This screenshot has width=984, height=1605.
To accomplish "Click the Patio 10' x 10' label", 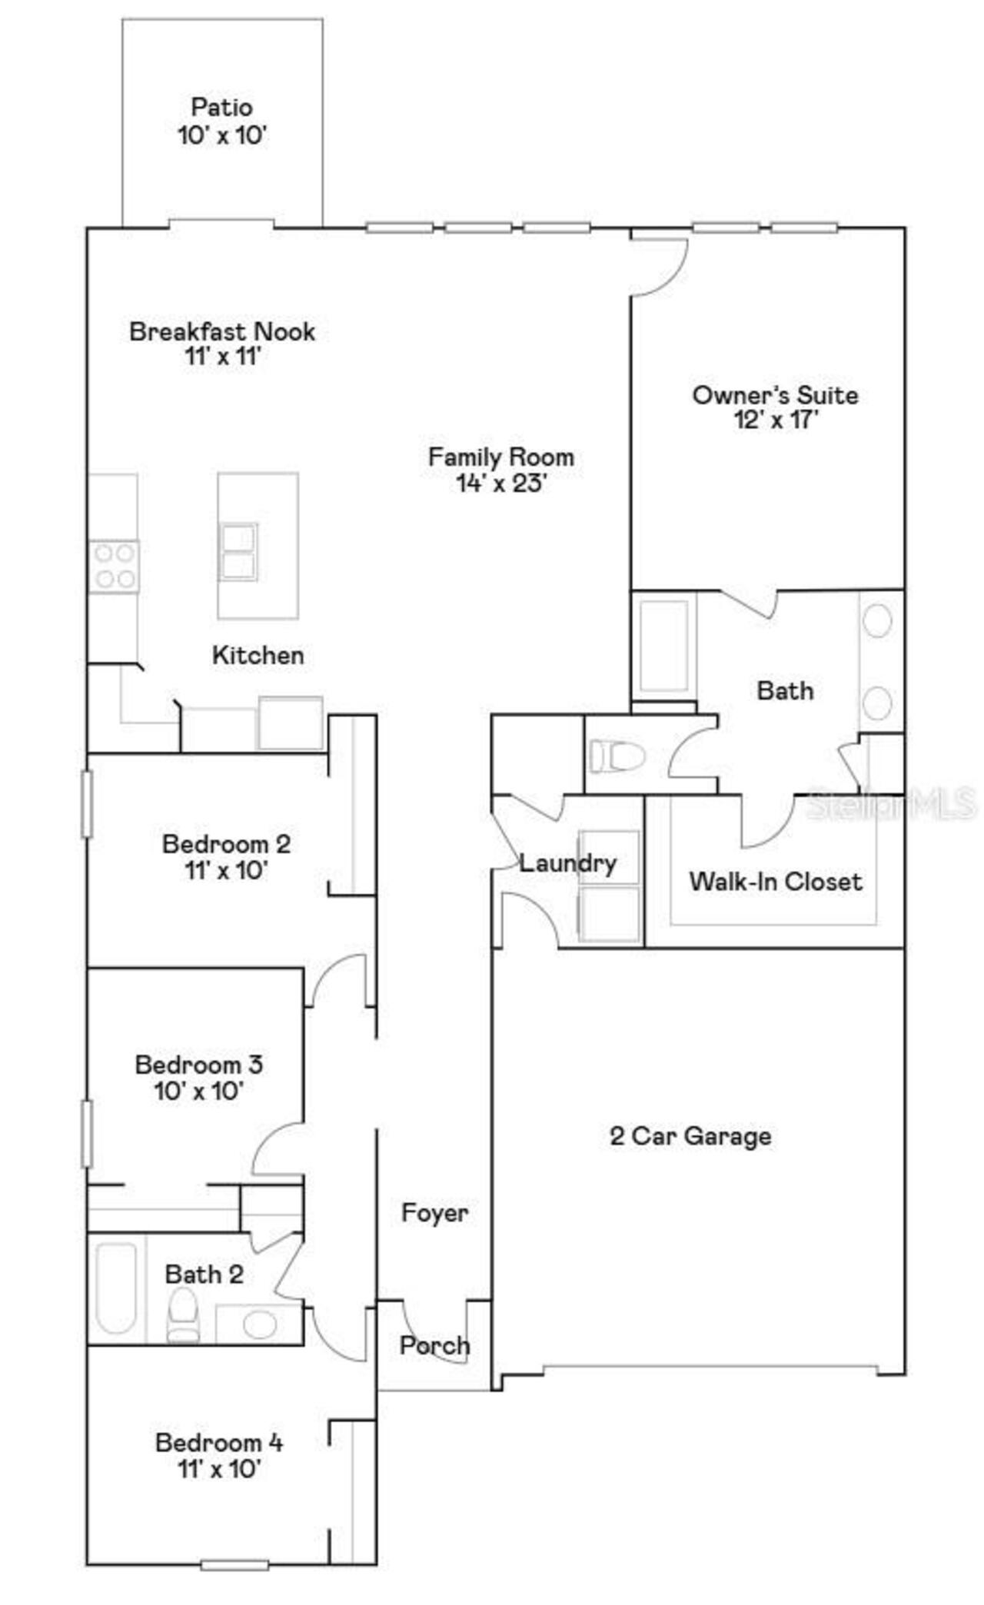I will coord(222,121).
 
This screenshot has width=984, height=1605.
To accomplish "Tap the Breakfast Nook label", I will coord(222,332).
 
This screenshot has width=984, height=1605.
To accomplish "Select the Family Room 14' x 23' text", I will coord(501,470).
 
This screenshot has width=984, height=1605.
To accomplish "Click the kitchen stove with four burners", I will coord(115,567).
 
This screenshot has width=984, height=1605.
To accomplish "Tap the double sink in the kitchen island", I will coord(238,552).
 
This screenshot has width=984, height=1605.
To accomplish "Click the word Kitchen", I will coord(258,656).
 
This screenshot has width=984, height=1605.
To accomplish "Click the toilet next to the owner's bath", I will coord(617,756).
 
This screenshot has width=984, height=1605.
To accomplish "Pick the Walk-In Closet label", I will coord(775,881).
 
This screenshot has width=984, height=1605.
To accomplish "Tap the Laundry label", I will coord(568,863).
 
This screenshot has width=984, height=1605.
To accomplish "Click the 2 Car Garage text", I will coord(690,1136).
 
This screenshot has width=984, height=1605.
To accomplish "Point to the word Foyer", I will coord(434,1213).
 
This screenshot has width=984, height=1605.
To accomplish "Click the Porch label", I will coord(434,1345).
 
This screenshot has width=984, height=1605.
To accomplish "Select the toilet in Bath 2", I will coord(183,1315).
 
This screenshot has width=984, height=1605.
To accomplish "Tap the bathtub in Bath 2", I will coord(117,1288).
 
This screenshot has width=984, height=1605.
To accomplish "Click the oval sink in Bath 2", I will coord(260,1324).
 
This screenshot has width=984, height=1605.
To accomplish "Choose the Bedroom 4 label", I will coord(219,1442).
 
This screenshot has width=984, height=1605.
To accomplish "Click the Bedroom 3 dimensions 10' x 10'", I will coord(199,1091).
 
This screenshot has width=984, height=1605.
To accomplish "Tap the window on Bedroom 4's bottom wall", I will coord(234,1563).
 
